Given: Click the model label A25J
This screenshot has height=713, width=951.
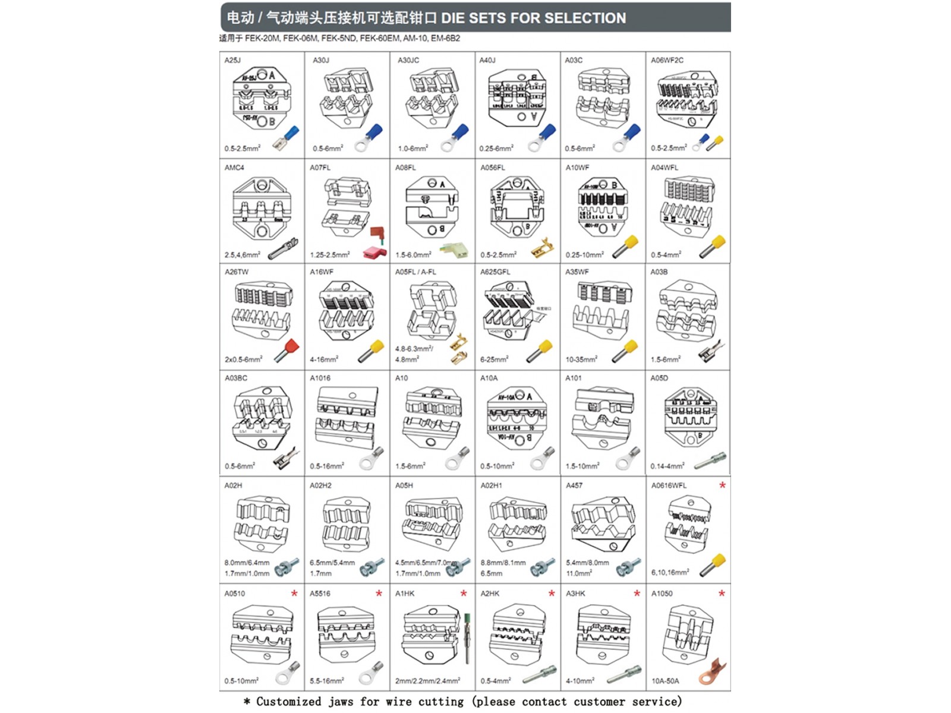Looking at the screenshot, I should coord(232,60).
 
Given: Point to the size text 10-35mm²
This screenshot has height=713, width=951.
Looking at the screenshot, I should coord(581,359).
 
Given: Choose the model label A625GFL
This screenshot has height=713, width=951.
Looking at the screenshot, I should coord(495,272).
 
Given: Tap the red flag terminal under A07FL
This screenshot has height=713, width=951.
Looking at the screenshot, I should coord(376,244).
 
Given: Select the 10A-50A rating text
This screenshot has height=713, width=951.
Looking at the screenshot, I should coord(665,681).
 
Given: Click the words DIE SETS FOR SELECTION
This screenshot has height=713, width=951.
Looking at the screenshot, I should coord(533,18).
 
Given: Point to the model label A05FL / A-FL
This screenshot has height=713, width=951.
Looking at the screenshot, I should coord(415,272).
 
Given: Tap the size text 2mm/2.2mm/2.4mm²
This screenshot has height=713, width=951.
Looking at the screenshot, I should coord(427,681).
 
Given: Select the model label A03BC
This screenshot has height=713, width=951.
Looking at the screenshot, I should coord(236,378).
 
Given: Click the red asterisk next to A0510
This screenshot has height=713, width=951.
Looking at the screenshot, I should coord(294,594).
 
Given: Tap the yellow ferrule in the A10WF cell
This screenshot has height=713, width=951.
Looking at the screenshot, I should coord(625,245).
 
